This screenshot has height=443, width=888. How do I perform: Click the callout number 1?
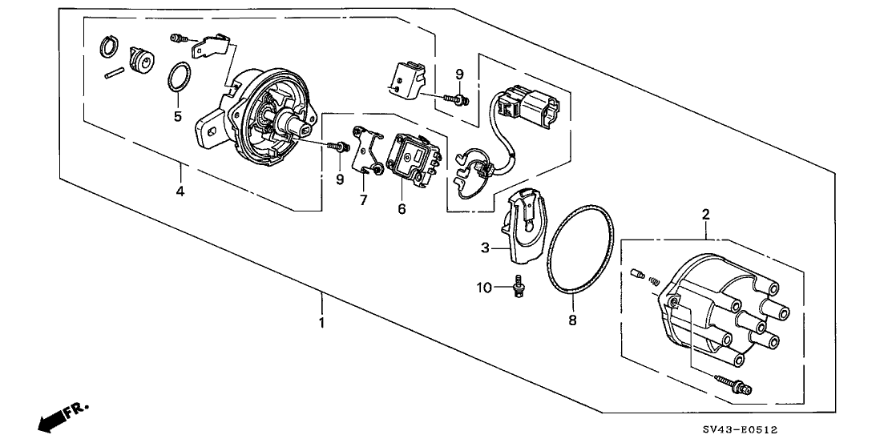pos(322,324)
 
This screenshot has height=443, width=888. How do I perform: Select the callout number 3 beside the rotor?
pos(485,249)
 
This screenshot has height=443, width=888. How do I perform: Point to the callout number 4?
pos(180,192)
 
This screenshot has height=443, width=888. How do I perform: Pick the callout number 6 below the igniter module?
pos(402,209)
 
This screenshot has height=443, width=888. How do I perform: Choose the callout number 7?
pos(363,200)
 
